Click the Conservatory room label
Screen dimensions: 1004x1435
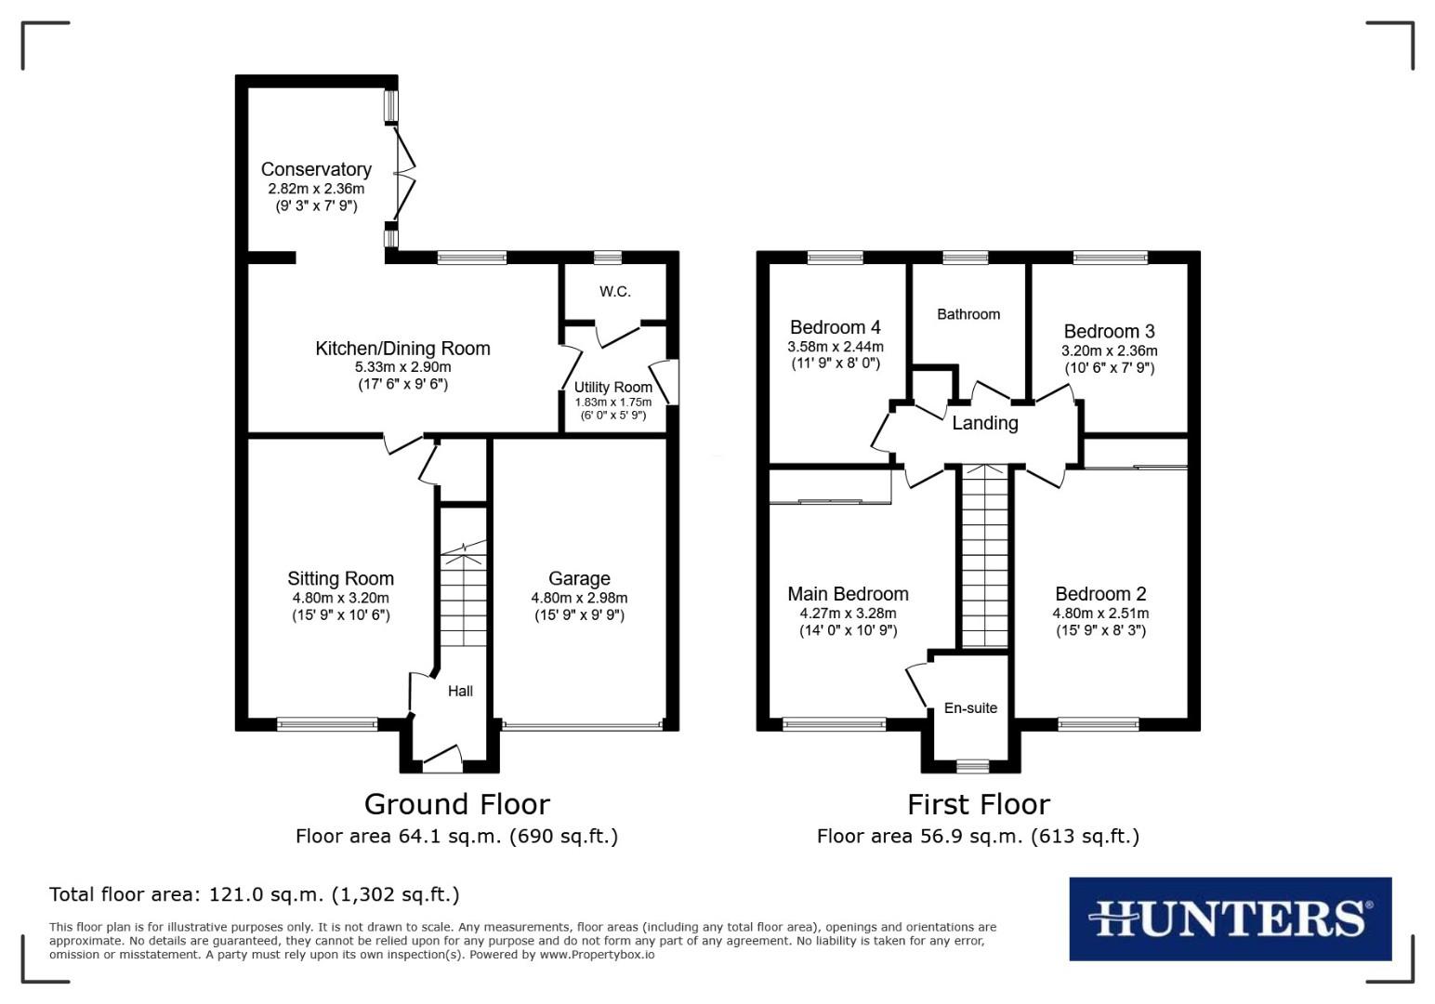click(316, 169)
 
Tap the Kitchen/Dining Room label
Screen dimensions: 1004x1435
click(402, 349)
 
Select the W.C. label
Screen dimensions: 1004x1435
click(614, 292)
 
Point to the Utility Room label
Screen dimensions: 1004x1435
click(612, 388)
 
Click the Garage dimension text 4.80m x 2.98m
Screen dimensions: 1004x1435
click(579, 599)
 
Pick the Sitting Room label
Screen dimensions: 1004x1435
click(340, 578)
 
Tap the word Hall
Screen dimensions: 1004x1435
click(460, 691)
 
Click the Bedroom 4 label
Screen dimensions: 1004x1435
click(835, 327)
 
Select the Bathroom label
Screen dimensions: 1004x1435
click(968, 314)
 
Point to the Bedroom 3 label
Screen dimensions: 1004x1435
click(1109, 331)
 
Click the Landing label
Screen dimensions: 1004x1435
click(985, 423)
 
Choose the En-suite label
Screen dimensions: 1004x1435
click(970, 708)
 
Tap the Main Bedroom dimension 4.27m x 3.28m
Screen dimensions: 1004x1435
click(848, 614)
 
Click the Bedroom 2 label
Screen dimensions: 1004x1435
click(1100, 594)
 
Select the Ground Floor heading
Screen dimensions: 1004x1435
click(456, 804)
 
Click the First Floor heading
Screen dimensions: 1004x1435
click(978, 804)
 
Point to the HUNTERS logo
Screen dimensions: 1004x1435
click(1230, 918)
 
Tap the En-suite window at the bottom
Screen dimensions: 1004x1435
click(972, 766)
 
